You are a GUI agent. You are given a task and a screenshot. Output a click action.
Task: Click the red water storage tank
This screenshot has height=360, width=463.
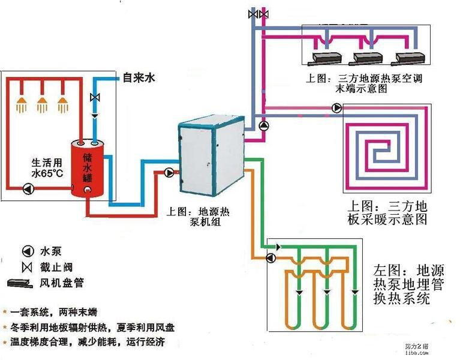coord(89,169)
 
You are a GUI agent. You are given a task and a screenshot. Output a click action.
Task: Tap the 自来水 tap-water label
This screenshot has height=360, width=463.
coord(139,77)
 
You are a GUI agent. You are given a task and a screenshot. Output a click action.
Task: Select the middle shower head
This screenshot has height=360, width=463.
coord(42,105)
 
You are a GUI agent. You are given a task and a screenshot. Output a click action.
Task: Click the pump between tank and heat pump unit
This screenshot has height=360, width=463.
coord(170,173)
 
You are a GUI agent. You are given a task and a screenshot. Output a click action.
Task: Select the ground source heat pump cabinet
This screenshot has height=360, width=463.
coord(211,153)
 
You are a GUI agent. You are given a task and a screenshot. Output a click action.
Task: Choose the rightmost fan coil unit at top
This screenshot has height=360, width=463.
coord(409,59)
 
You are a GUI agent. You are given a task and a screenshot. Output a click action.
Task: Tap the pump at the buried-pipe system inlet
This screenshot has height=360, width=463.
coord(270,258)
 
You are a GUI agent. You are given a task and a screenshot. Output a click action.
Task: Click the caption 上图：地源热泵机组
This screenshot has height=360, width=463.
coord(203,217)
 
